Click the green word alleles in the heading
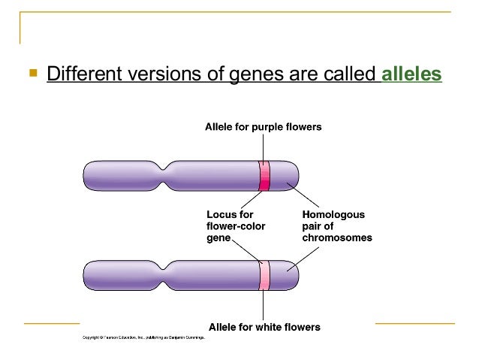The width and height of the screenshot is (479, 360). pos(411,74)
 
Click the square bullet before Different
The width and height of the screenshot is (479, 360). pos(32,74)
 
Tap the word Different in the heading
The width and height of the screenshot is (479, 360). pos(84,74)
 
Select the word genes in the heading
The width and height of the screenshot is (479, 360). pos(244,74)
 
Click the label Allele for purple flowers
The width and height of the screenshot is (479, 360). pos(263,127)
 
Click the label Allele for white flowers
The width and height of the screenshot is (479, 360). pos(264,327)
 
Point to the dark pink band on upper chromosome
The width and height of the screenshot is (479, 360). pos(264,175)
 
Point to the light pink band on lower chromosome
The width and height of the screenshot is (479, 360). pos(264,275)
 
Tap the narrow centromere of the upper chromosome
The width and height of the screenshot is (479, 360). pos(166,175)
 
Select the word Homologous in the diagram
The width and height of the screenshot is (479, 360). pos(333,214)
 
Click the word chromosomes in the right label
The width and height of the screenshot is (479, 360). pos(336,237)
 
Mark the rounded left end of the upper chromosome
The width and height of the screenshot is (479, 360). pos(87,175)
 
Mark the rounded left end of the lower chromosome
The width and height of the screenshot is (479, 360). pos(87,275)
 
